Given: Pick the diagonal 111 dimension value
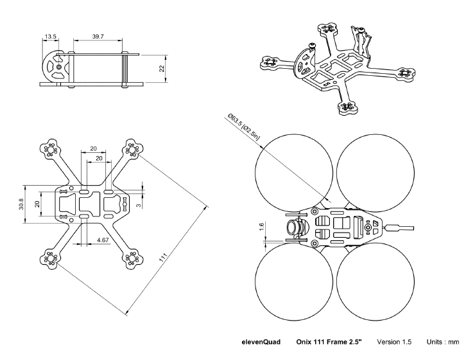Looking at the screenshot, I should [x=168, y=260].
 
